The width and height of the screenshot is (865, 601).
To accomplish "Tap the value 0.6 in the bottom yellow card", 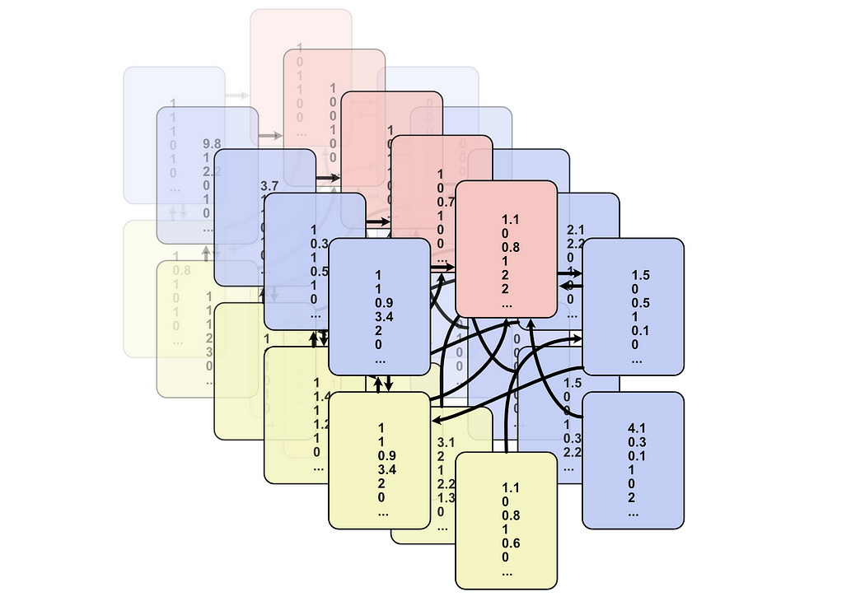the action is (x=511, y=543).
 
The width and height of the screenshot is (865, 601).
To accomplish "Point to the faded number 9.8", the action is (x=212, y=143).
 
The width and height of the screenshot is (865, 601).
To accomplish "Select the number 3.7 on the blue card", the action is (x=269, y=187).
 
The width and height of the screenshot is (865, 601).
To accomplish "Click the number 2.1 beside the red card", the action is (x=576, y=229).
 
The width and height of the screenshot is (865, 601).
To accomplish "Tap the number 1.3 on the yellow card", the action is (x=446, y=497).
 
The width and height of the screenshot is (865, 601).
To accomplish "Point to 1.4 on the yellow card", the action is (x=321, y=397).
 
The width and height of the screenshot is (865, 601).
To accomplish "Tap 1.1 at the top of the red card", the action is (x=511, y=219).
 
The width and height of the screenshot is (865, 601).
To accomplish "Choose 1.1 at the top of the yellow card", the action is (x=511, y=487).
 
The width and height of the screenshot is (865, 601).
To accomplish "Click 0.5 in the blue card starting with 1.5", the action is (x=640, y=303).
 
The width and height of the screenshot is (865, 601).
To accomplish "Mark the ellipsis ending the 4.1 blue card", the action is (x=634, y=513).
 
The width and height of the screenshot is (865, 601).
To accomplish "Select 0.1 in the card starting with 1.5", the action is (x=640, y=331).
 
